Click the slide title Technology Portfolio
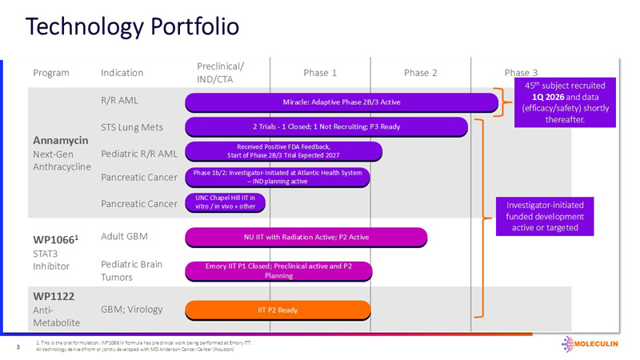point(132,26)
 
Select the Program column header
point(51,73)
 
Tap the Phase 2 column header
point(420,73)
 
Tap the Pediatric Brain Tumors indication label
point(131,270)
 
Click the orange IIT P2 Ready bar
point(278,310)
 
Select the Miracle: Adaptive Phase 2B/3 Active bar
point(342,102)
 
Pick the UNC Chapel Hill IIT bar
point(225,202)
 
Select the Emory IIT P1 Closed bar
point(278,270)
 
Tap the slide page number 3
point(18,347)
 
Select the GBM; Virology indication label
point(134,307)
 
